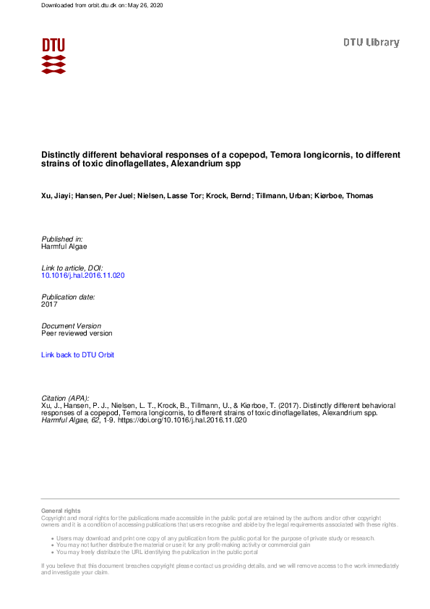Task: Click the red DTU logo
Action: point(53,55)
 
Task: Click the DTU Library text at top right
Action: point(371,43)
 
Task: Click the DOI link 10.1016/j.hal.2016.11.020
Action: point(84,276)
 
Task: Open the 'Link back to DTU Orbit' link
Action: point(77,355)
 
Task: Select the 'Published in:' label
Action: point(62,239)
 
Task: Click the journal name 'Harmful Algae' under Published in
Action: point(64,247)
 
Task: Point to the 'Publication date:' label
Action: point(68,297)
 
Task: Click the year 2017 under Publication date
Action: point(49,304)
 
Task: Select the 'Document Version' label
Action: point(72,326)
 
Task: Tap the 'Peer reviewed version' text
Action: point(77,333)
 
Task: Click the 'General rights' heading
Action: point(61,511)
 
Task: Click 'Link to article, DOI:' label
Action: point(72,268)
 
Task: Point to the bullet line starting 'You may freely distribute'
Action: point(157,552)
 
